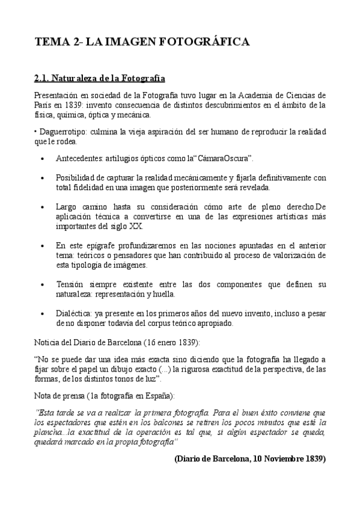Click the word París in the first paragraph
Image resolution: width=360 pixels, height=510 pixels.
pyautogui.click(x=44, y=105)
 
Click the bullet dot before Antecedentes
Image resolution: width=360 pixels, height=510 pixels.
pyautogui.click(x=41, y=158)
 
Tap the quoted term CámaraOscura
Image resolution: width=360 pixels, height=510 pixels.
pyautogui.click(x=225, y=158)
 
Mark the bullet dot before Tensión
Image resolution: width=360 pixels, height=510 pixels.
pyautogui.click(x=41, y=284)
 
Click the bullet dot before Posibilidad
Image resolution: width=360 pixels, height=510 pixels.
pyautogui.click(x=41, y=178)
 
